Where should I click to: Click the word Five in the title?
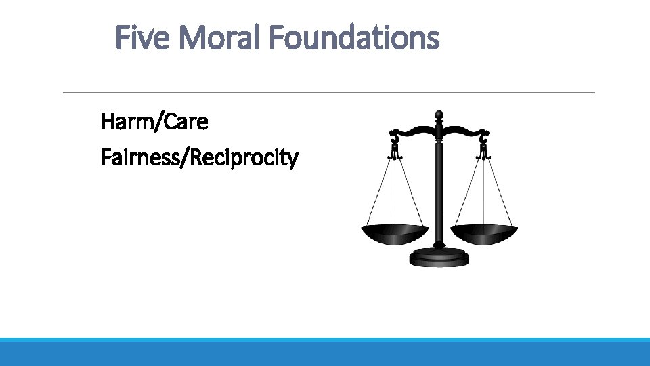[144, 38]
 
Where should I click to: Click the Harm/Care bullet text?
[154, 122]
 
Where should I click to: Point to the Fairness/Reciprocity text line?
[199, 159]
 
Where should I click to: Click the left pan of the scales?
[395, 234]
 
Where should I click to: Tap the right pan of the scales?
[484, 234]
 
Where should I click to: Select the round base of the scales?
[439, 258]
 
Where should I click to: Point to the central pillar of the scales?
[439, 190]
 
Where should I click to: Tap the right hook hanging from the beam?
[483, 146]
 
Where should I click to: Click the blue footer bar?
[325, 352]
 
